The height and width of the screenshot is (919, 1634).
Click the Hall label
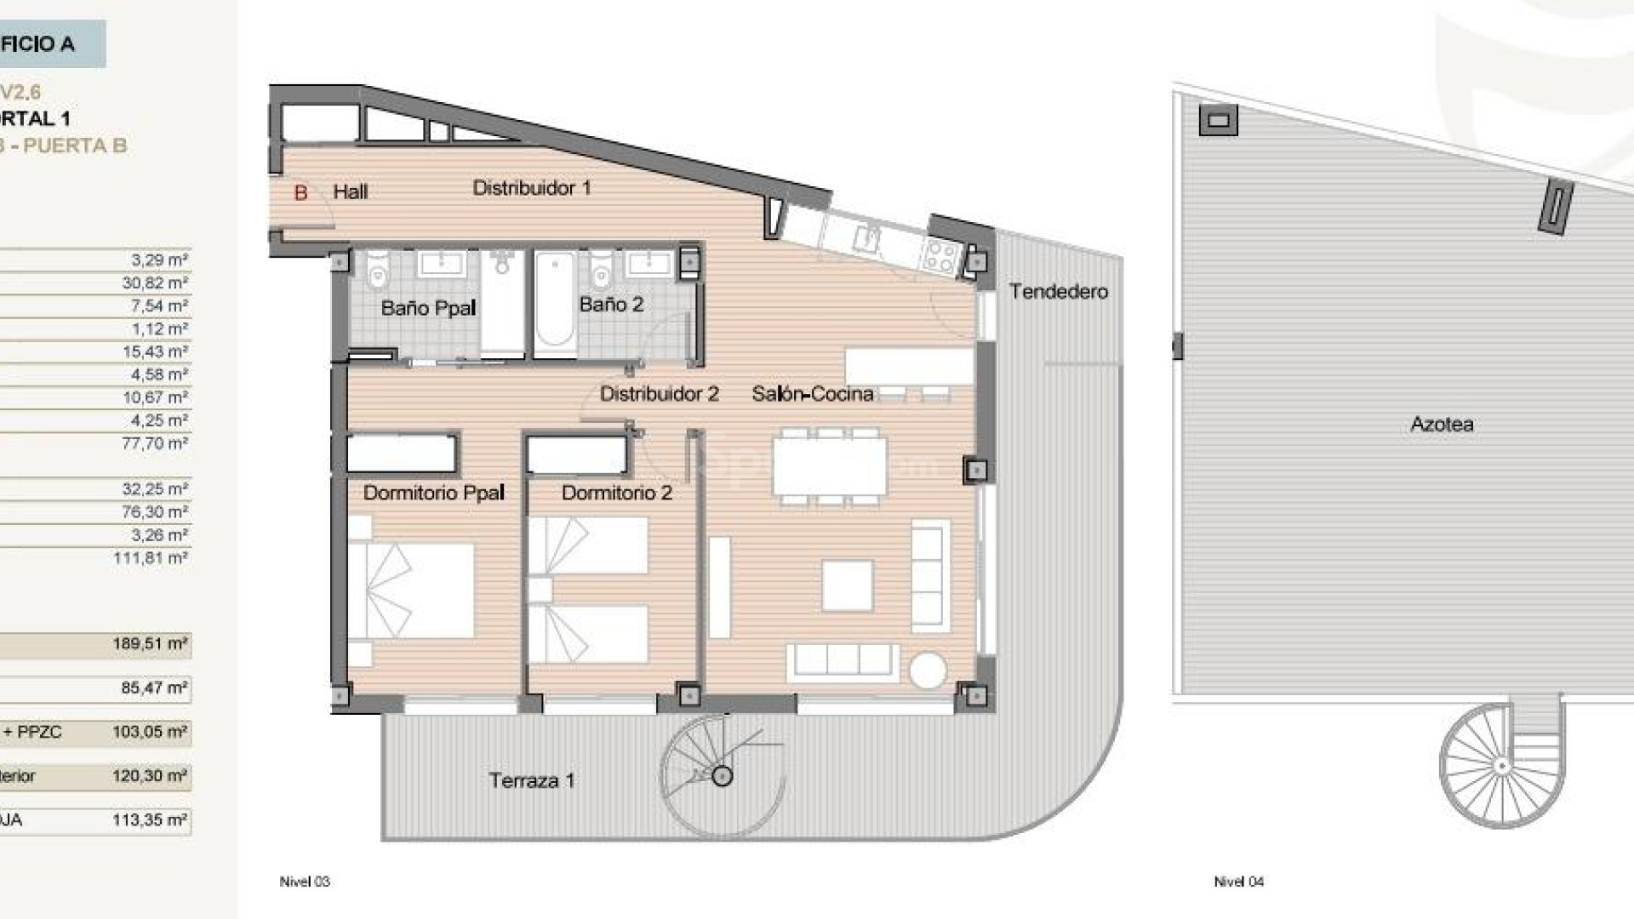(x=350, y=191)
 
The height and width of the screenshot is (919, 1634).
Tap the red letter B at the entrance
(x=300, y=193)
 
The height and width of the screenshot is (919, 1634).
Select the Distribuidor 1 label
(x=531, y=188)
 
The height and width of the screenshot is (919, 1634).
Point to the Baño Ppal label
(x=428, y=308)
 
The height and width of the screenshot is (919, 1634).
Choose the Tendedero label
(x=1058, y=292)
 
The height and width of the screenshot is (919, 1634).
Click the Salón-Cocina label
(x=812, y=394)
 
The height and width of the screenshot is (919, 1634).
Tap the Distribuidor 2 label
(x=659, y=394)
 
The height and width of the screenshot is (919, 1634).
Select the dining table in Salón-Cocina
(x=829, y=465)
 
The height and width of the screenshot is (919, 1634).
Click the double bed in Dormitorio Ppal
(x=412, y=590)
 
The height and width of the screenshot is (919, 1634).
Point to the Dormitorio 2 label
(x=616, y=493)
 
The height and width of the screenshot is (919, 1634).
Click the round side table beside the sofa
(x=928, y=671)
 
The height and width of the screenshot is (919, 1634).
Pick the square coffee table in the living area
(x=848, y=585)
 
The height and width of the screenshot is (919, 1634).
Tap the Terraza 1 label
(x=531, y=780)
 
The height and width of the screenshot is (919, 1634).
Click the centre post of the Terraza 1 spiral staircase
(x=722, y=776)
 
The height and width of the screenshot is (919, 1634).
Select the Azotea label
(x=1442, y=424)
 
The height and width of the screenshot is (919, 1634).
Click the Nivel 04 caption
(x=1238, y=882)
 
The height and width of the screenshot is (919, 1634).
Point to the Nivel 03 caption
(x=305, y=882)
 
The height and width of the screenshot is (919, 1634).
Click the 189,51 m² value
(x=150, y=643)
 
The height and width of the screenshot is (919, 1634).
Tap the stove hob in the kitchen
(x=940, y=254)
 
